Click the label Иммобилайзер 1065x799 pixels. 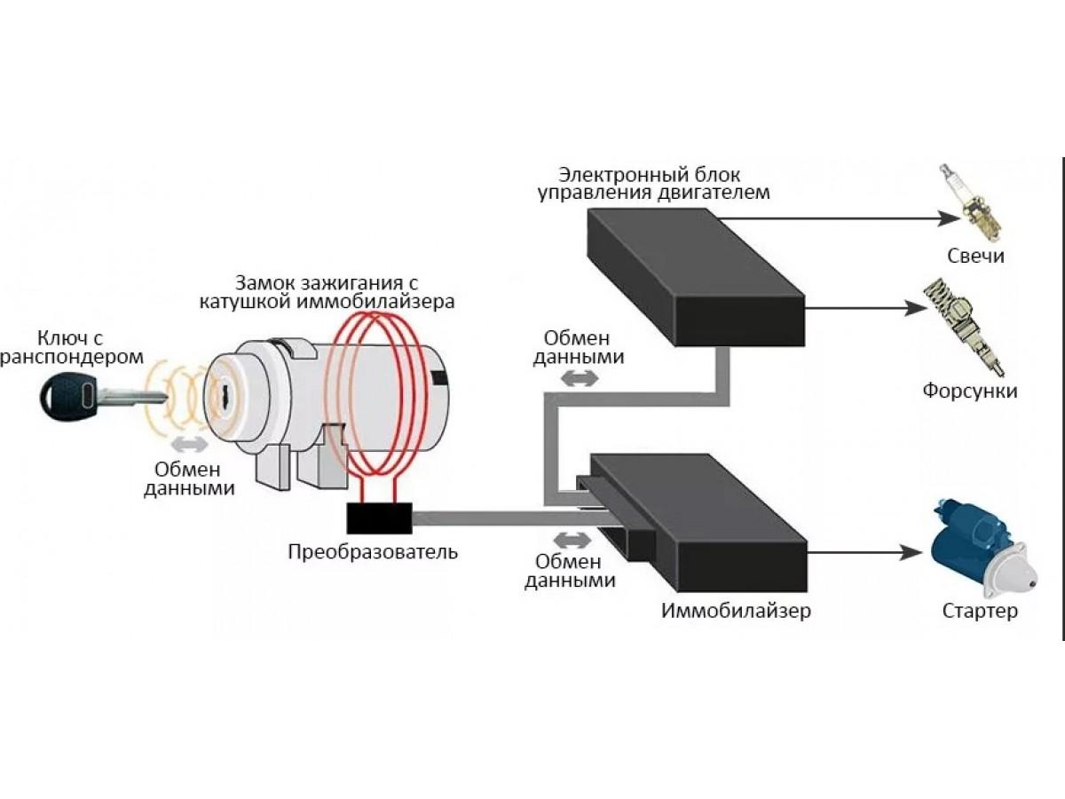pos(736,612)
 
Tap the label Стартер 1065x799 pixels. pos(980,612)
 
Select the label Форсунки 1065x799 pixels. pos(970,391)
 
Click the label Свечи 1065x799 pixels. pos(974,257)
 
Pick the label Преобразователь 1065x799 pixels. pos(373,552)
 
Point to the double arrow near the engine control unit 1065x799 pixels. pos(581,378)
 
